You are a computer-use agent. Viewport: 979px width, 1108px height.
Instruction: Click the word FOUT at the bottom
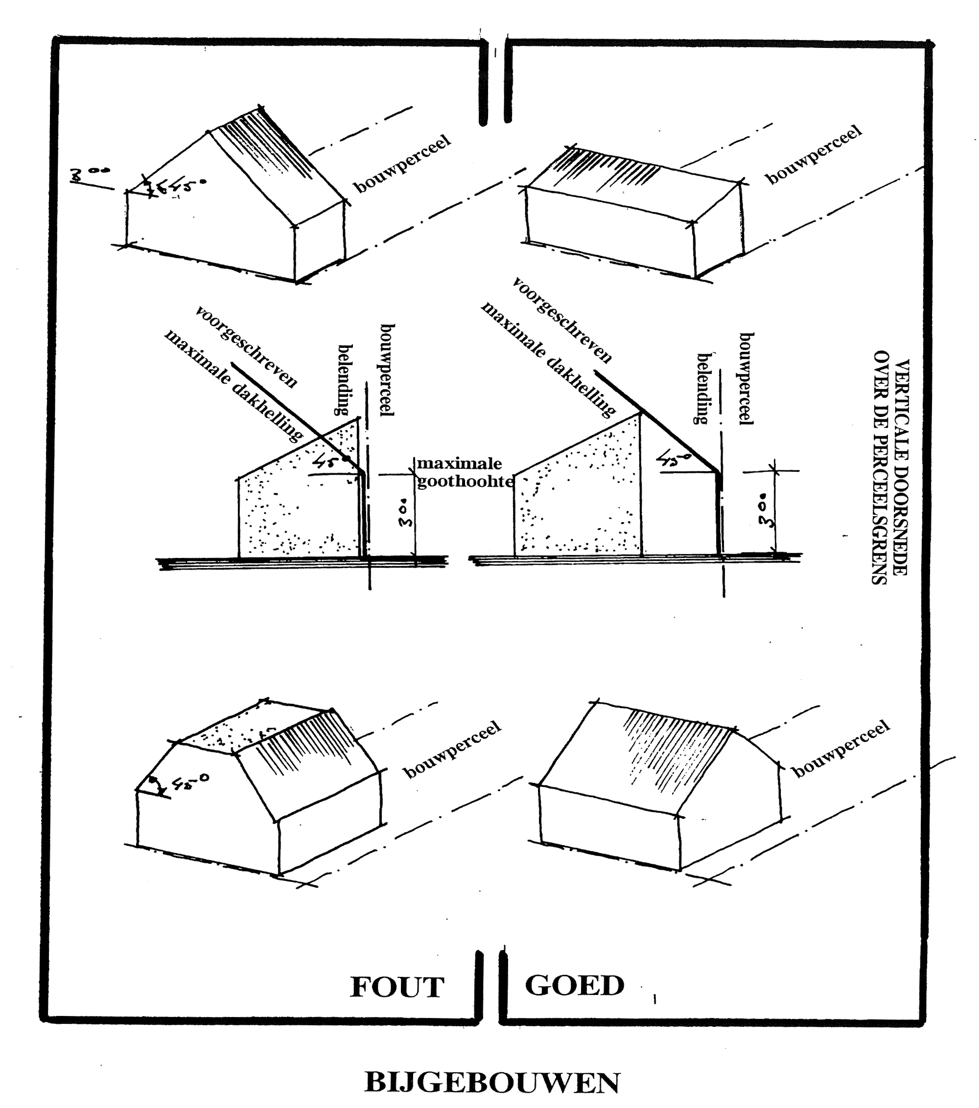click(x=397, y=987)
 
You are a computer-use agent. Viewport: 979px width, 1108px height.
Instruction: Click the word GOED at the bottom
click(x=574, y=985)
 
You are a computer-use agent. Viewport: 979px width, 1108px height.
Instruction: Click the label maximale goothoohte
click(x=464, y=473)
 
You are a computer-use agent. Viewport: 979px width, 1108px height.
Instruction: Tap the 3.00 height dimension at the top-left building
click(x=90, y=174)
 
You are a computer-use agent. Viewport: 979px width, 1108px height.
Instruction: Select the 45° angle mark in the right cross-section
click(x=673, y=459)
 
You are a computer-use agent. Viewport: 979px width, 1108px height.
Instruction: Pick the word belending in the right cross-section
click(x=703, y=388)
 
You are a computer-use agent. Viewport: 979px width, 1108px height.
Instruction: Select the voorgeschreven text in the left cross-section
click(x=247, y=347)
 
